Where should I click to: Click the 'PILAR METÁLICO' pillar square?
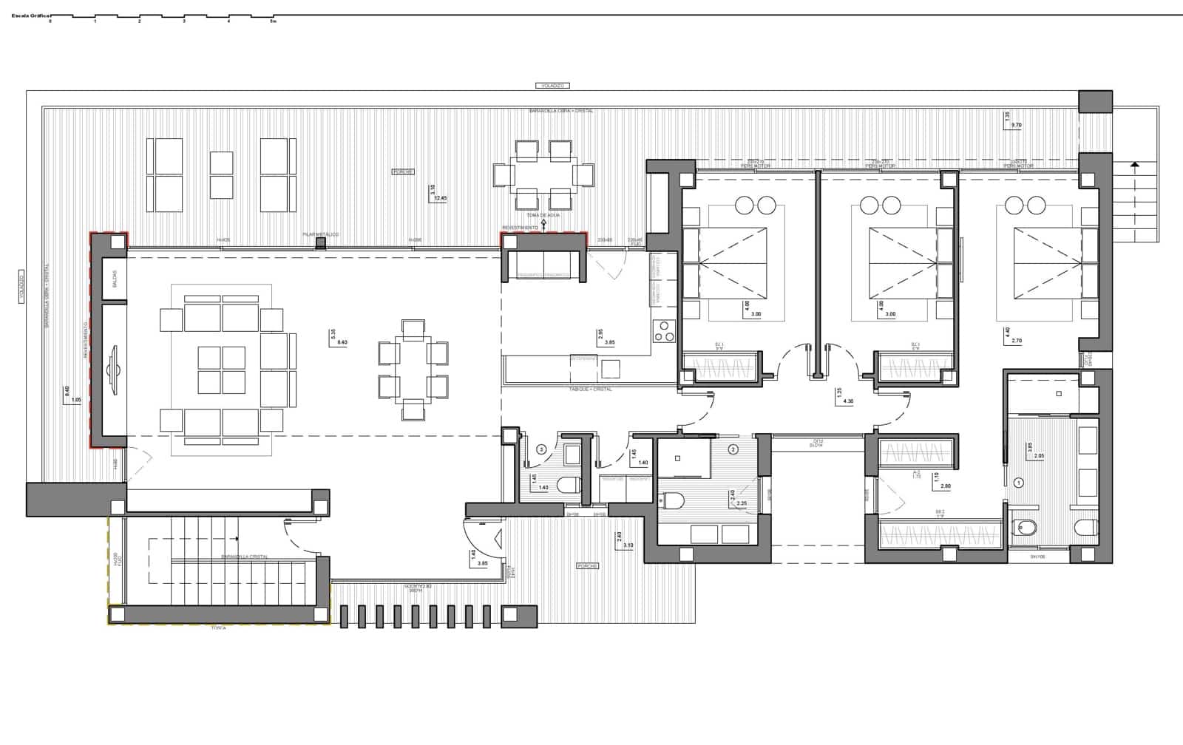click(320, 242)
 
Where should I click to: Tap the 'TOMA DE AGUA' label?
click(543, 215)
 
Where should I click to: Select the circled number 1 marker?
click(1019, 483)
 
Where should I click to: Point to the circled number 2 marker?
click(733, 449)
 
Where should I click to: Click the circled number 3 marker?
click(541, 449)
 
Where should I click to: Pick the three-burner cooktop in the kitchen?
click(665, 330)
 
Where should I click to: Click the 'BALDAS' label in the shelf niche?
click(115, 279)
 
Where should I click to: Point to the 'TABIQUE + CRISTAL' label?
click(590, 389)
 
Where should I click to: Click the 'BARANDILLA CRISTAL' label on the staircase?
click(245, 557)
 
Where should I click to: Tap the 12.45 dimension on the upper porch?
click(441, 198)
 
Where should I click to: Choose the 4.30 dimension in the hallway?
click(848, 401)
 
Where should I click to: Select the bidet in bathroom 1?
click(1026, 527)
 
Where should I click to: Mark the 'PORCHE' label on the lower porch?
click(588, 566)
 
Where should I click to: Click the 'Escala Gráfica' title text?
click(26, 14)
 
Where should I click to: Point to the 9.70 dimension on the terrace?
click(1016, 126)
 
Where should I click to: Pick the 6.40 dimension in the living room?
click(342, 342)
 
